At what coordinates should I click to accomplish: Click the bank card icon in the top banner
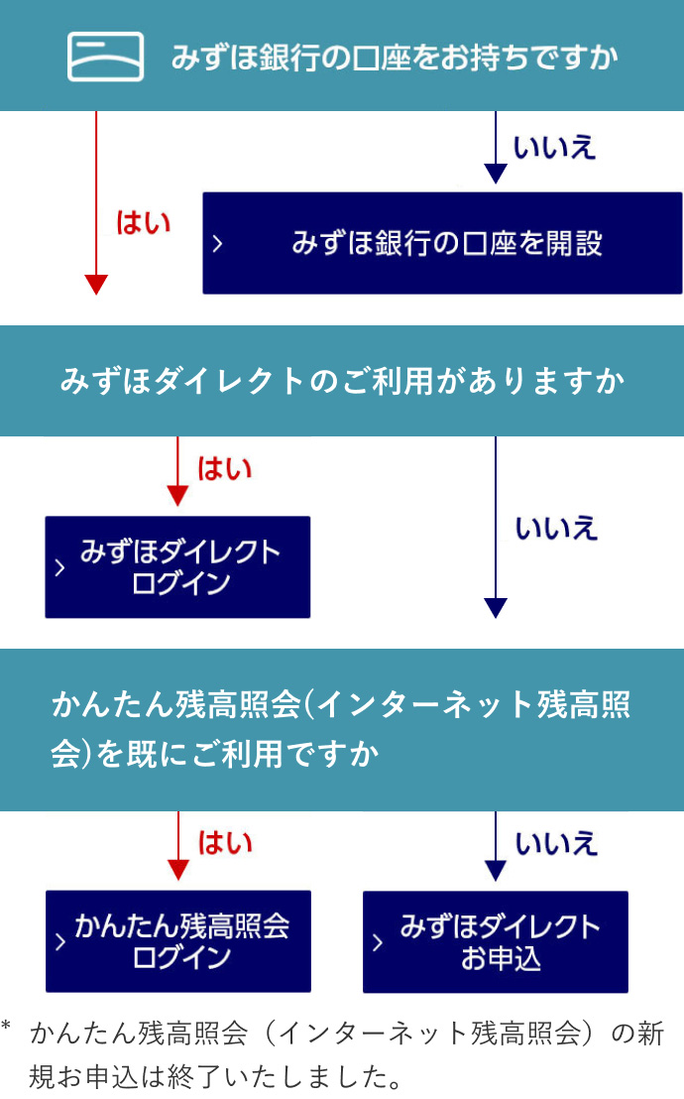(x=105, y=57)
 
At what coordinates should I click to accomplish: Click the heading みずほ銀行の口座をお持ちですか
(x=395, y=57)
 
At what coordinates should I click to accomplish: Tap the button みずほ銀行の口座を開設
(x=442, y=243)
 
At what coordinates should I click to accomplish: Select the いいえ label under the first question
(x=554, y=148)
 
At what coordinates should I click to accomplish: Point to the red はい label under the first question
(x=144, y=222)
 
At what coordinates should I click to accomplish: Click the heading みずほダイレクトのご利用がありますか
(x=342, y=381)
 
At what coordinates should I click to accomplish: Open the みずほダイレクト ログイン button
(x=178, y=566)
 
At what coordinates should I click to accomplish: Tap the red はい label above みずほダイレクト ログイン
(x=225, y=468)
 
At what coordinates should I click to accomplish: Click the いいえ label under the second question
(x=556, y=528)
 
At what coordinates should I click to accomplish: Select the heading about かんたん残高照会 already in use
(x=341, y=730)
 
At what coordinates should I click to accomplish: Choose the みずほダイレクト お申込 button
(x=496, y=941)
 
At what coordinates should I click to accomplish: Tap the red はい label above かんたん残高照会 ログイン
(x=225, y=842)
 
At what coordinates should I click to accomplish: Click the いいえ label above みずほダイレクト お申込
(x=556, y=842)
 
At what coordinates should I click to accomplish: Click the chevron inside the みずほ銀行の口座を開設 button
(x=218, y=243)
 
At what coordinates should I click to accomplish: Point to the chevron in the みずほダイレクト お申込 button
(x=378, y=942)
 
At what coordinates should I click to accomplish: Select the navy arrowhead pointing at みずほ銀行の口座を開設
(x=496, y=175)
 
